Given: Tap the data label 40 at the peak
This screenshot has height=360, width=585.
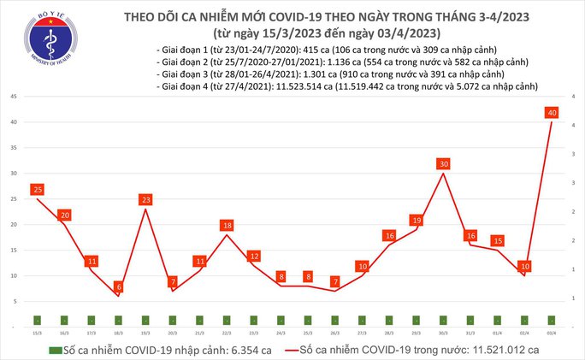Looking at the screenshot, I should (x=552, y=113).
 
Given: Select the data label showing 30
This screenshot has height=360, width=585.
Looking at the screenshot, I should (x=442, y=163).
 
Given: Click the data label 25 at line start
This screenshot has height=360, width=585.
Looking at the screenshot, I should (x=38, y=189).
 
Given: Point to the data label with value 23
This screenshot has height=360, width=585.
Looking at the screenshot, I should (x=145, y=199).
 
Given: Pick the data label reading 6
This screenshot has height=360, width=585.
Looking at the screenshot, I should (x=119, y=286).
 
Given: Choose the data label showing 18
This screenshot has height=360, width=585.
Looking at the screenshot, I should (x=227, y=225).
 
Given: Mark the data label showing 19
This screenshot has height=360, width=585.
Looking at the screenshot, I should (x=417, y=220).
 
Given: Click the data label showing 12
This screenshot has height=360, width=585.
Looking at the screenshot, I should (x=254, y=256).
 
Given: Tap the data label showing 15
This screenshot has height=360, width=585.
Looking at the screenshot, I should (x=498, y=241).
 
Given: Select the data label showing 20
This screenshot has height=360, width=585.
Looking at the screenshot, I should (x=64, y=215).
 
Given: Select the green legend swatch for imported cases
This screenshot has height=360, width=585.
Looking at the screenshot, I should (x=54, y=350).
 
